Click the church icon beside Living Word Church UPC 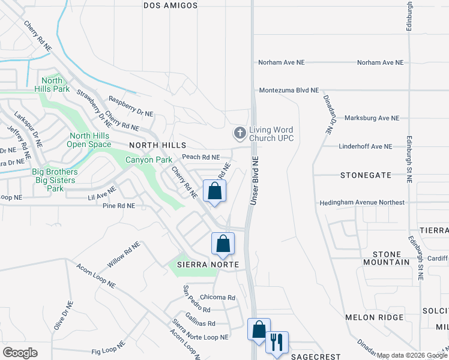(x=240, y=132)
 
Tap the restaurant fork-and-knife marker (x=277, y=342)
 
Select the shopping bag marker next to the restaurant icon (x=259, y=330)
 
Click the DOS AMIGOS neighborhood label (x=170, y=5)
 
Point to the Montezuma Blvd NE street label (x=289, y=90)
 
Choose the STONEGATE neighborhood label (x=366, y=175)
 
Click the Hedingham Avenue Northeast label (x=362, y=203)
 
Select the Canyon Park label (x=148, y=160)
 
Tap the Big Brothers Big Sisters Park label (x=54, y=180)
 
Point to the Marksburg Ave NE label (x=372, y=118)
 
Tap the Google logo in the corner (x=20, y=352)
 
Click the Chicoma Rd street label (x=217, y=297)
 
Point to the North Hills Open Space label (x=89, y=140)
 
